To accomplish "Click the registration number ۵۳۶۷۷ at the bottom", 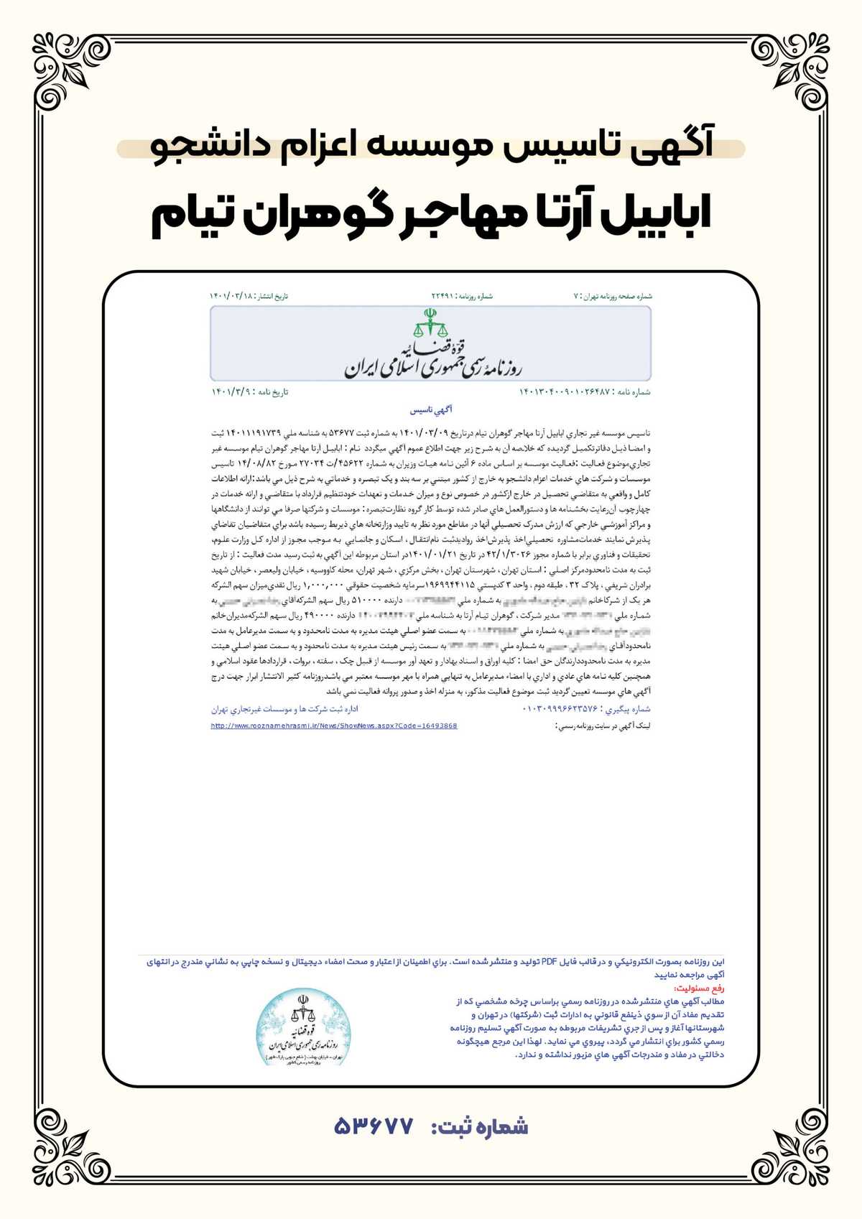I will click(x=374, y=1126).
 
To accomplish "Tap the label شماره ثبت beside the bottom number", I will click(x=480, y=1126).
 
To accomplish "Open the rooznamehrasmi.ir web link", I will click(x=334, y=726).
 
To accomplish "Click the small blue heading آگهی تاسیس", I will click(x=431, y=410).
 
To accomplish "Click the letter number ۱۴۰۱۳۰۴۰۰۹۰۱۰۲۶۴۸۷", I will click(x=564, y=391).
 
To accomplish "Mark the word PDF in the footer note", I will click(x=550, y=961).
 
